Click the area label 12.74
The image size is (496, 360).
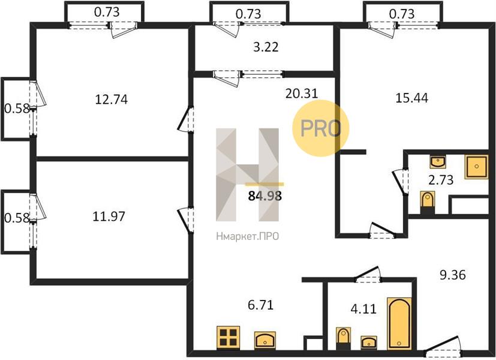pos(112,100)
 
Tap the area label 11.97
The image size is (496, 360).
pos(109,217)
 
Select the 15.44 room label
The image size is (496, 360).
pos(412,98)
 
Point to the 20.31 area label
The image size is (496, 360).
pos(302,94)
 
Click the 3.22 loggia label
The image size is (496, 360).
pos(266,47)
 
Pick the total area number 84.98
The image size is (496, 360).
pos(265,196)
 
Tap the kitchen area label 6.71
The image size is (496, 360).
pos(261,305)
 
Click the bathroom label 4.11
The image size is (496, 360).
pos(364,308)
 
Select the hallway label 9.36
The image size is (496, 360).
pos(453,275)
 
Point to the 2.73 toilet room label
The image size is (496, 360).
pos(441,179)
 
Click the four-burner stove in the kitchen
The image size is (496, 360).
pos(228,338)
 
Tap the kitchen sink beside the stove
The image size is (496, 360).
pos(265,340)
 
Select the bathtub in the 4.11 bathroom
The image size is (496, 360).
pos(399,323)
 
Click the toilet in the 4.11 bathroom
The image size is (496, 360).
pos(343,338)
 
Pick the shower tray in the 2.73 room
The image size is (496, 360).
pos(476,166)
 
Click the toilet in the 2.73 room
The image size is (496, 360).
pos(428,202)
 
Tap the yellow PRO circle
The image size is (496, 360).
pos(320,128)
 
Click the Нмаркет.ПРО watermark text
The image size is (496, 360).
pos(248,236)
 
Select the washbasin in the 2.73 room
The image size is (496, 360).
pos(438,162)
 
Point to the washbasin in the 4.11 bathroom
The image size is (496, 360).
pos(369,342)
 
